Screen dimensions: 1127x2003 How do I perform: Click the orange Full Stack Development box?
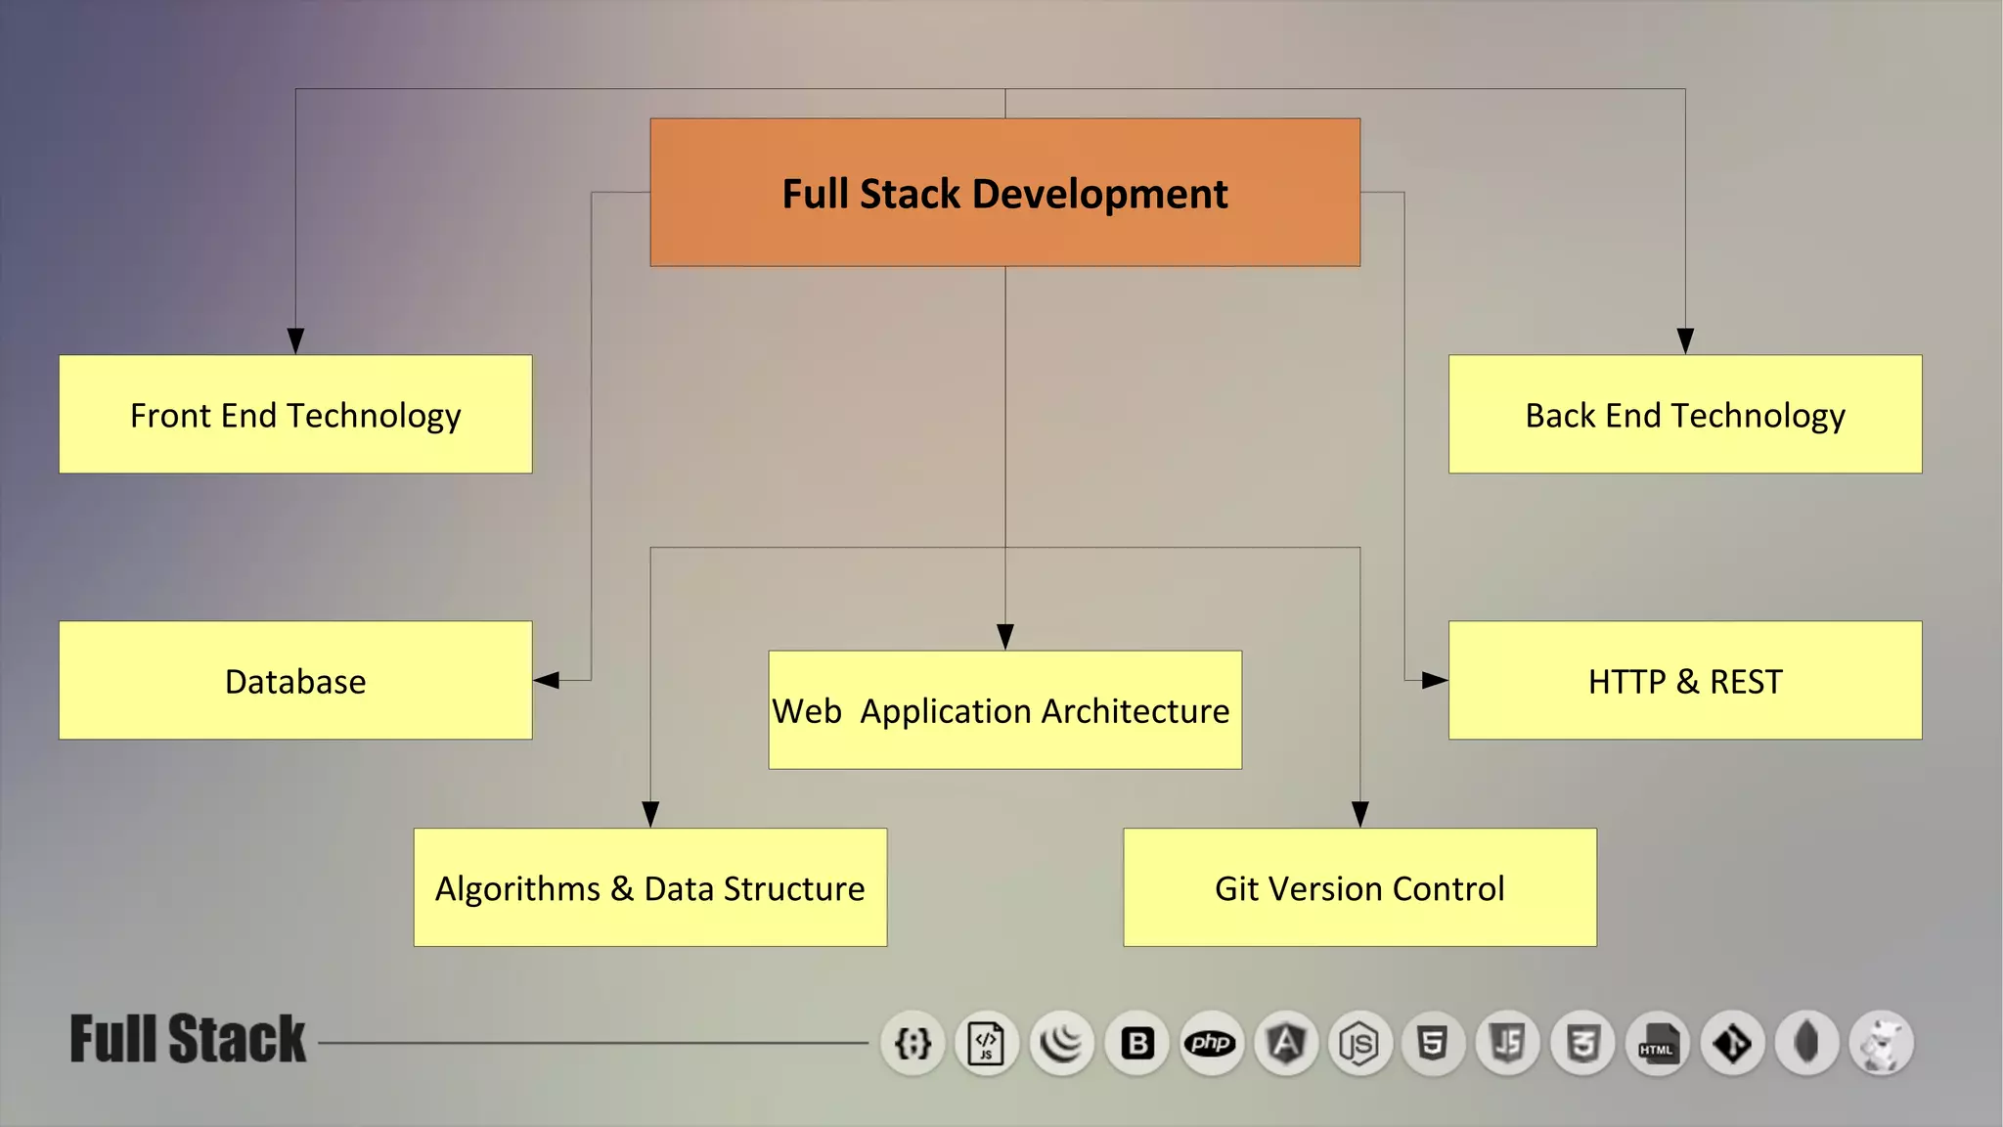1004,193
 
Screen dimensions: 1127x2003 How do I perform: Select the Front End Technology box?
295,415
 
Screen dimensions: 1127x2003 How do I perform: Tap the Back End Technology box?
1684,415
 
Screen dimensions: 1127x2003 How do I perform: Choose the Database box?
295,681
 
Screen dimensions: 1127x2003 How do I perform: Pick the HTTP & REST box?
1684,681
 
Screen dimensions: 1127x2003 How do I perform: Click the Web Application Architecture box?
1004,710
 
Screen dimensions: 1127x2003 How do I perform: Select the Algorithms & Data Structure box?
649,887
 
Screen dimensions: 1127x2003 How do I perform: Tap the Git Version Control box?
1359,887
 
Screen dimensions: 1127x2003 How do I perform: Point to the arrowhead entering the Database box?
546,680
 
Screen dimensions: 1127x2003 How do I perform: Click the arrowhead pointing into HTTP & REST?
1435,680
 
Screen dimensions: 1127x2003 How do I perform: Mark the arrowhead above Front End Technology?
295,340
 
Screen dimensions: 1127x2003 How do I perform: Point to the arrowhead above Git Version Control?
1359,814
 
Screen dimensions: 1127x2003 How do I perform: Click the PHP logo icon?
1211,1043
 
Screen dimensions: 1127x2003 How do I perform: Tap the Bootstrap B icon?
1136,1043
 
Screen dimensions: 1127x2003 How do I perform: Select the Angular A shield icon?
1285,1043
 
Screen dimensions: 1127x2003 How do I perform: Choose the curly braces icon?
912,1043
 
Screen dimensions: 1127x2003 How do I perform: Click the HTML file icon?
1657,1043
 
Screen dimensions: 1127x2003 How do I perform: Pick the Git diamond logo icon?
1732,1043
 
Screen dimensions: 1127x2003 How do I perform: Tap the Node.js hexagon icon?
1359,1043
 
